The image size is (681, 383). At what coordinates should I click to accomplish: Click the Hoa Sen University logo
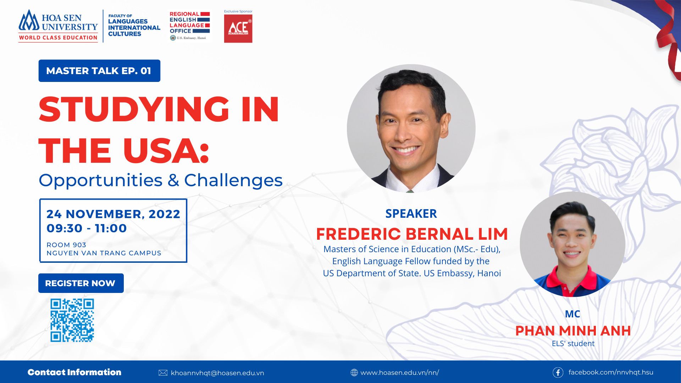click(x=58, y=26)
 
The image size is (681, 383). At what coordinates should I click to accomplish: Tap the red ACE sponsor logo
click(x=238, y=29)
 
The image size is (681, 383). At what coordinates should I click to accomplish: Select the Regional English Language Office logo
click(x=190, y=26)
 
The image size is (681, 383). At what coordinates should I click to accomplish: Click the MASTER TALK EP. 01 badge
click(x=99, y=71)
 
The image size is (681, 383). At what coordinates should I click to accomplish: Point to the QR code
click(x=72, y=320)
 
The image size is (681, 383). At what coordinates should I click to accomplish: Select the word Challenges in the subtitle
click(x=233, y=181)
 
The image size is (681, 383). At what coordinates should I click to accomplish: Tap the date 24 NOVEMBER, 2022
click(x=113, y=214)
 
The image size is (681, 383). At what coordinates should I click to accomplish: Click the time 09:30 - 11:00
click(x=87, y=228)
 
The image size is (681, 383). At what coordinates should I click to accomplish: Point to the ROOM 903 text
click(x=66, y=245)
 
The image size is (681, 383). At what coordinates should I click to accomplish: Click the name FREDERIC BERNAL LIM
click(x=412, y=234)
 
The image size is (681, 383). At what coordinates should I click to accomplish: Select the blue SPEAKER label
click(x=411, y=213)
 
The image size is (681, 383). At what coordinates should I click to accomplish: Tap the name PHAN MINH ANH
click(x=573, y=331)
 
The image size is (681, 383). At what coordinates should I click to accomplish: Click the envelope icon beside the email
click(x=163, y=373)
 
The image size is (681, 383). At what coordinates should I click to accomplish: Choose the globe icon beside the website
click(x=354, y=372)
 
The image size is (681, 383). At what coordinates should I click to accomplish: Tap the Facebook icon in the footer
click(x=558, y=372)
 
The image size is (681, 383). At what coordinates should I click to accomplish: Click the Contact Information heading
click(x=74, y=372)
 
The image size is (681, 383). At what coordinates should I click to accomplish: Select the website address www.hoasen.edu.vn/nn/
click(x=400, y=373)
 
